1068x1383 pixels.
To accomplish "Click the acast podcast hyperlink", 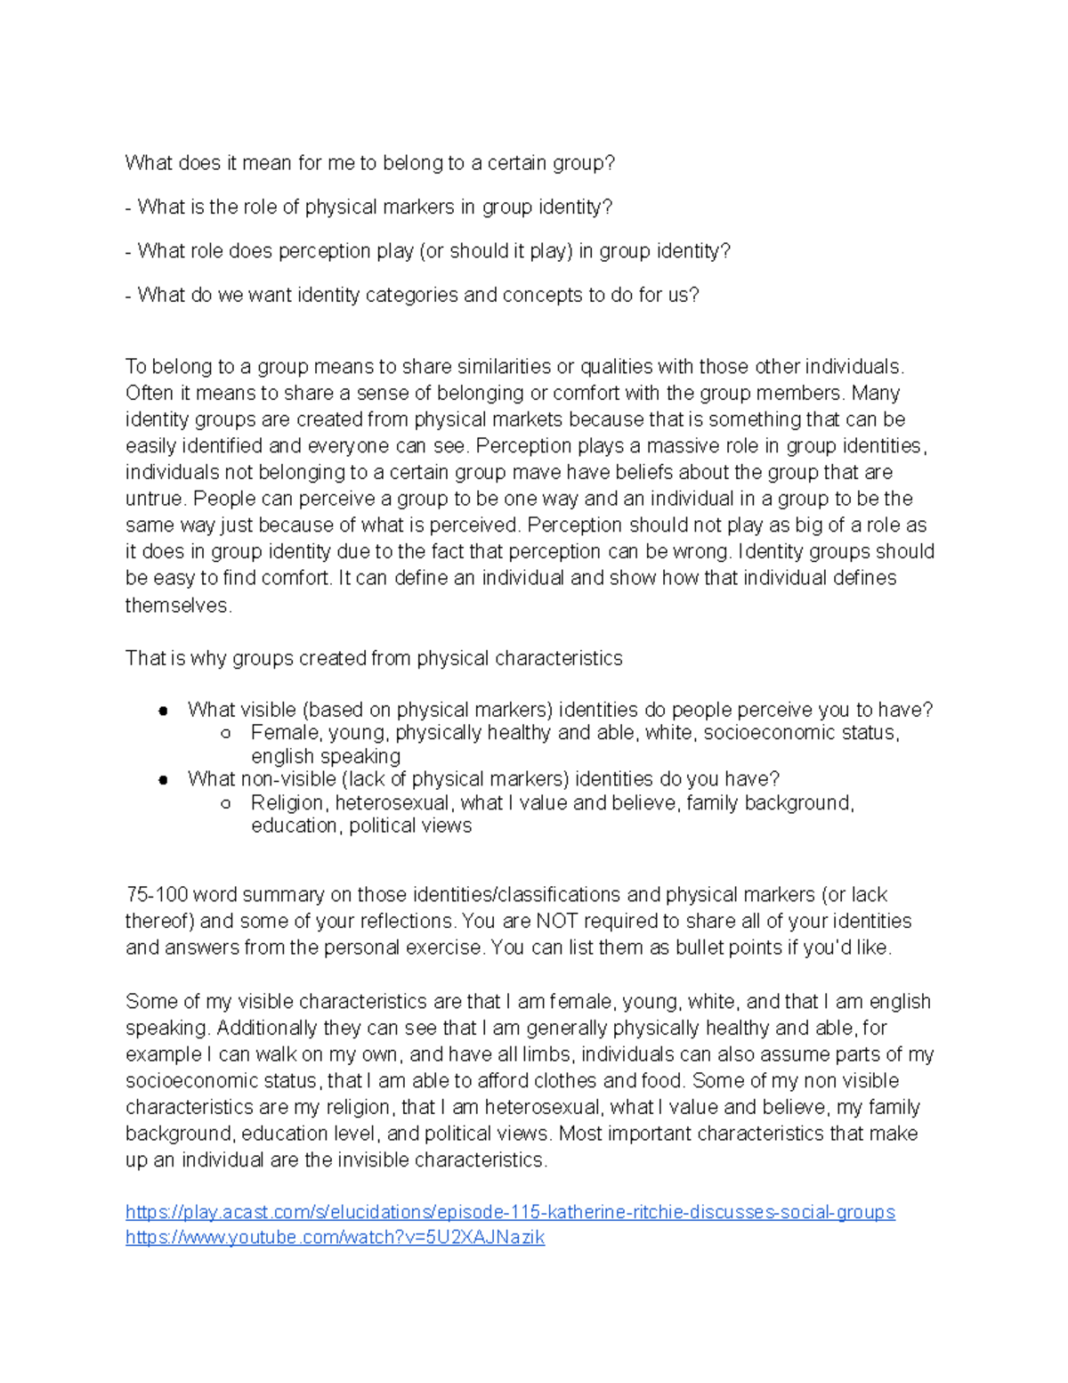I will click(510, 1212).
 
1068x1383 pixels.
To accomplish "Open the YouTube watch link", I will click(335, 1237).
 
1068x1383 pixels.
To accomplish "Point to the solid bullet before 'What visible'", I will click(163, 711).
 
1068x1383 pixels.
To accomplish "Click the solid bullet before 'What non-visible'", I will click(163, 780).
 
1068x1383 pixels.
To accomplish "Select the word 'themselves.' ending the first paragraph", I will click(178, 606).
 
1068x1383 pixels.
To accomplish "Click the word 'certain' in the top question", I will click(518, 163).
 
